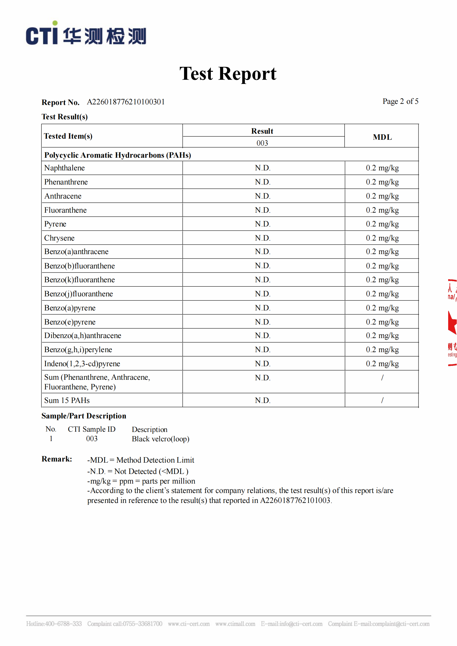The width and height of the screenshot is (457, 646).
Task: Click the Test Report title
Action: (x=228, y=74)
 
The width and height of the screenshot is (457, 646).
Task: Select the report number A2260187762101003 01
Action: (x=126, y=102)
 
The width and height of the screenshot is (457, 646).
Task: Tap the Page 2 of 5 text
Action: (x=400, y=101)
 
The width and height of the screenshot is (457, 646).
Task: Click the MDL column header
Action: (x=382, y=137)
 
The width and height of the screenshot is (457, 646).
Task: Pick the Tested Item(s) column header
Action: (x=68, y=136)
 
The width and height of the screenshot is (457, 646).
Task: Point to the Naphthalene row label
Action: (x=64, y=168)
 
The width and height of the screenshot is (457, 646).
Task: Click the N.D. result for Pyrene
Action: (x=262, y=224)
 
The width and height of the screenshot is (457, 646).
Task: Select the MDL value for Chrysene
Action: (x=382, y=238)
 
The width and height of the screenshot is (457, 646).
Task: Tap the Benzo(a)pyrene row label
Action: (x=70, y=308)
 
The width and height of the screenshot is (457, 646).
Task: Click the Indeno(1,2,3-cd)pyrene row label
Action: (x=82, y=363)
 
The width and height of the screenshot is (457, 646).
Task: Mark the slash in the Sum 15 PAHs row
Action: (x=382, y=400)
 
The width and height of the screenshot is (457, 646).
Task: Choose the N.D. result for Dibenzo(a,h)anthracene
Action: (x=262, y=335)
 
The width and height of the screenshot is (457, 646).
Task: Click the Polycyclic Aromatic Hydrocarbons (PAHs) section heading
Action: (x=118, y=155)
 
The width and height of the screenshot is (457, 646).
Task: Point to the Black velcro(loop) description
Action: (x=161, y=439)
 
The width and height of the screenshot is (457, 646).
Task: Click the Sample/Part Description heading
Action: (x=83, y=416)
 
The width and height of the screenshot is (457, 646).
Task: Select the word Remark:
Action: (x=57, y=459)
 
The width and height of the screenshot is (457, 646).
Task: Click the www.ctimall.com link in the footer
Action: (x=235, y=624)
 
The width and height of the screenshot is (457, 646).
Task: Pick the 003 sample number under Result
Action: (x=262, y=143)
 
